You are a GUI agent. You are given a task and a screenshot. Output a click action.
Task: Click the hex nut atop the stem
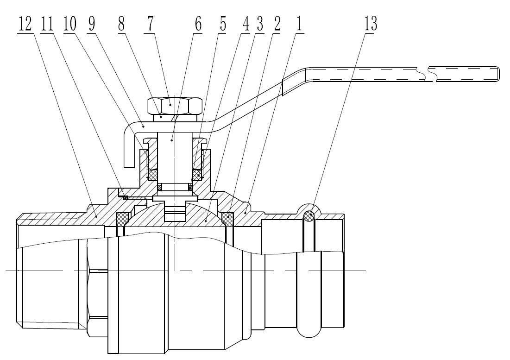pyautogui.click(x=175, y=105)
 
